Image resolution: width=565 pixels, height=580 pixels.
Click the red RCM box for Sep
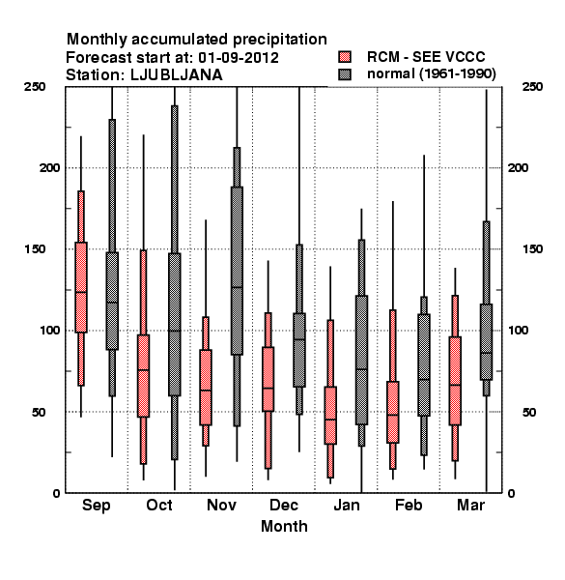click(x=81, y=287)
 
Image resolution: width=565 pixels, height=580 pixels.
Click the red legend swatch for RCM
click(x=345, y=57)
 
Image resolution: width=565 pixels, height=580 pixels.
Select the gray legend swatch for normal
click(x=345, y=74)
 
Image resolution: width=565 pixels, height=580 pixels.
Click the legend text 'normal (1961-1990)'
click(x=432, y=74)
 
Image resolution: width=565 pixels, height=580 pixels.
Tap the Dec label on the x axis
click(x=284, y=505)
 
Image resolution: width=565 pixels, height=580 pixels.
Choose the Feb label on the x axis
click(x=409, y=505)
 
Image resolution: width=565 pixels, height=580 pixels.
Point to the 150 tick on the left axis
click(x=35, y=249)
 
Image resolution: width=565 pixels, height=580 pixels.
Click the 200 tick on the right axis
click(x=519, y=167)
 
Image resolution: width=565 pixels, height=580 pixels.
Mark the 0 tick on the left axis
click(x=56, y=493)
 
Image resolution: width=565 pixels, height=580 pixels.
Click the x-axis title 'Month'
click(x=284, y=526)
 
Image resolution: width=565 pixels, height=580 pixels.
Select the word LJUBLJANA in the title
click(x=177, y=75)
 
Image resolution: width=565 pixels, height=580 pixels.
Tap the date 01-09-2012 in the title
click(x=239, y=57)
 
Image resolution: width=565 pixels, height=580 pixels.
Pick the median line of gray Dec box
click(x=299, y=339)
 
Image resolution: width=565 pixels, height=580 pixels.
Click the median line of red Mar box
click(x=455, y=385)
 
